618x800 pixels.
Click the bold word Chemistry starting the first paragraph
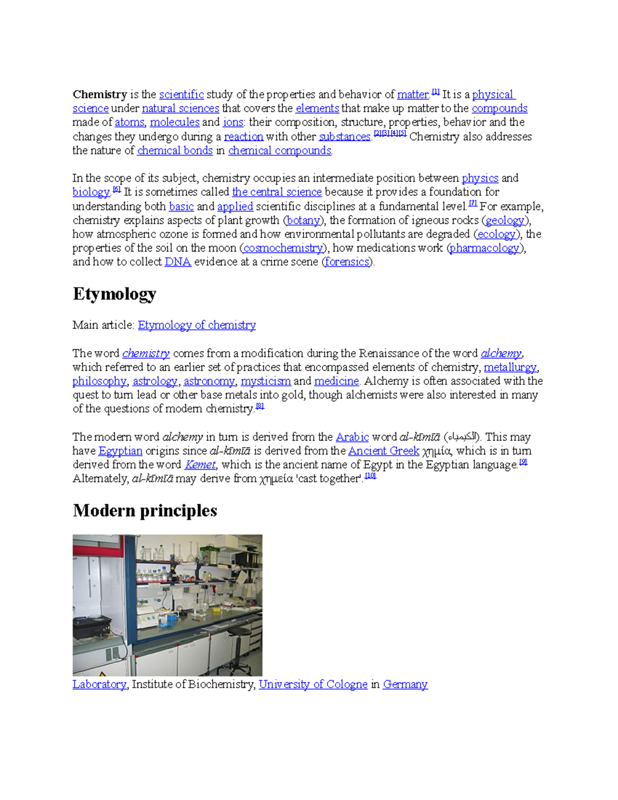click(x=99, y=94)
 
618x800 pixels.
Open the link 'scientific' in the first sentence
click(x=181, y=94)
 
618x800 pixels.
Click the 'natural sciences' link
click(x=180, y=108)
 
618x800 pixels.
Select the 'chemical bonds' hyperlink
click(x=175, y=150)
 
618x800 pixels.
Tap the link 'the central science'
click(x=277, y=192)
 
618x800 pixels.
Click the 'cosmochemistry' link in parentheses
click(x=283, y=248)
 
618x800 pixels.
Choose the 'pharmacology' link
click(x=485, y=248)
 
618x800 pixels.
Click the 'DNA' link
click(x=178, y=262)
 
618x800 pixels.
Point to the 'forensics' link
click(x=347, y=262)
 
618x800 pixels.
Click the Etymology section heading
click(x=114, y=294)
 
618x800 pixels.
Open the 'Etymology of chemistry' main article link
click(x=197, y=325)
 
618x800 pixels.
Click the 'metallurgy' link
click(x=510, y=367)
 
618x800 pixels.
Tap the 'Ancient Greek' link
click(x=384, y=451)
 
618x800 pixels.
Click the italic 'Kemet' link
click(x=200, y=465)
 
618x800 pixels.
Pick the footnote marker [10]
click(x=370, y=476)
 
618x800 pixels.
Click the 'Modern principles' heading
click(x=145, y=510)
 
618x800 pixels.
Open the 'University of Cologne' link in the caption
click(x=313, y=684)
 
